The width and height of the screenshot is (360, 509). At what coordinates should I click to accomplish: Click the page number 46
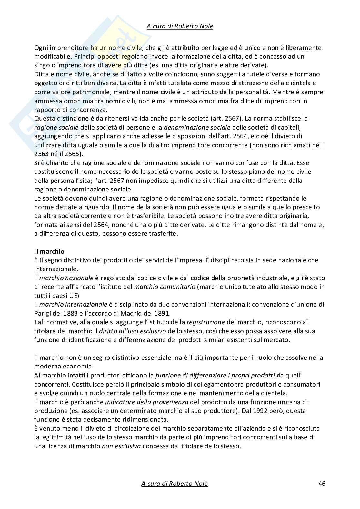[322, 484]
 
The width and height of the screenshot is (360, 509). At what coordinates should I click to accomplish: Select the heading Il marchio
[49, 251]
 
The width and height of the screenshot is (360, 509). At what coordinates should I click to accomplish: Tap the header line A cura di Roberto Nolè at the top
[180, 26]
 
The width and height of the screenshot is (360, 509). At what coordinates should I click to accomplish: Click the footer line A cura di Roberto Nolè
[175, 484]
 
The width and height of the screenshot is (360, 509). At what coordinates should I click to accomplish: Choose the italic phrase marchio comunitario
[165, 287]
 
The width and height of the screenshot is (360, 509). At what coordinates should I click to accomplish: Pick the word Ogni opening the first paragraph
[41, 48]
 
